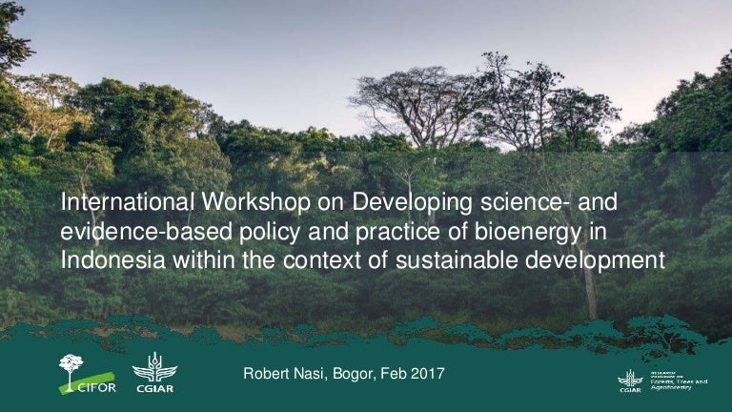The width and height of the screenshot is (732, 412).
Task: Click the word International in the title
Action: (126, 204)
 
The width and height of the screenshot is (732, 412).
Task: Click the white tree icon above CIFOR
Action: (71, 365)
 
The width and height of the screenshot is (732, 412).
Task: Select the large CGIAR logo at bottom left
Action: (154, 373)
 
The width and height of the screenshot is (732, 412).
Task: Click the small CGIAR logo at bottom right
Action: (629, 381)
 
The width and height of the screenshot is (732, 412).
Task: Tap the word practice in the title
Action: (370, 232)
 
